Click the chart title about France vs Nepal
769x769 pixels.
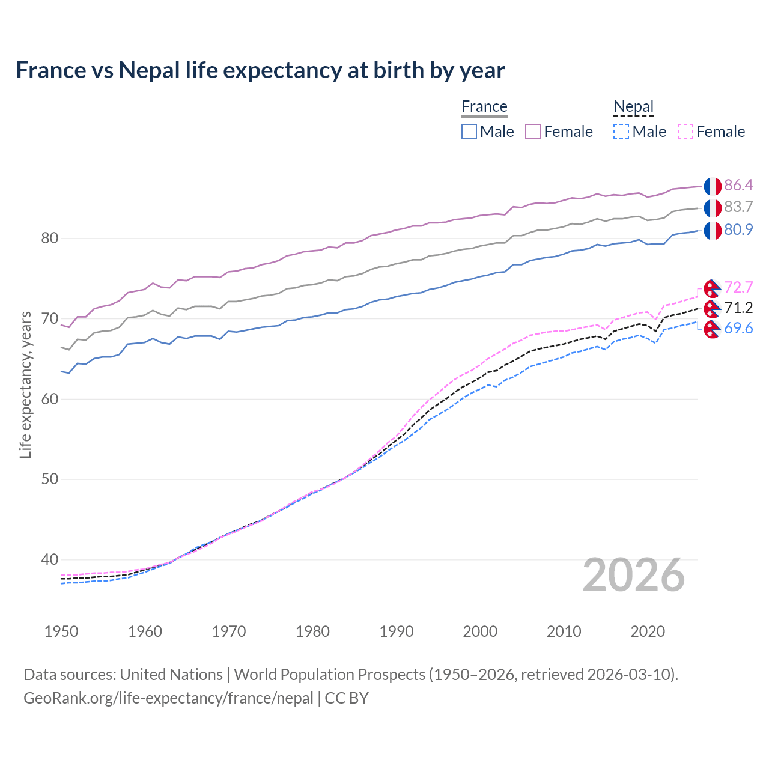[260, 70]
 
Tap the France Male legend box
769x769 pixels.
[469, 132]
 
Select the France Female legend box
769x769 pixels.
[533, 132]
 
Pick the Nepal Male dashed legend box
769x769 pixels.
[621, 132]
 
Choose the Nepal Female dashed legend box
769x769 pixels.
[685, 132]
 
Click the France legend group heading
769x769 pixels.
[484, 106]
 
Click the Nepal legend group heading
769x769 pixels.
[633, 106]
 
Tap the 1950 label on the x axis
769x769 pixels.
[61, 631]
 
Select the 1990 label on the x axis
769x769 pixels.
[397, 631]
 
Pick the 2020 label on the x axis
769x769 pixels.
[648, 631]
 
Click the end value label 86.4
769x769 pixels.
[738, 185]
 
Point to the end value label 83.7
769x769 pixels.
[738, 207]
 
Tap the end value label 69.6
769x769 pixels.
[738, 329]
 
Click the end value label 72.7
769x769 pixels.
[738, 288]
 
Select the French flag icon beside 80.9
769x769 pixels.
[713, 230]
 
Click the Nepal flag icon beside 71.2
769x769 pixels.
[712, 309]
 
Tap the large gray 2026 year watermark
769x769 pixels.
[634, 576]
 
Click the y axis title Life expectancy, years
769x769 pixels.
[25, 384]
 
